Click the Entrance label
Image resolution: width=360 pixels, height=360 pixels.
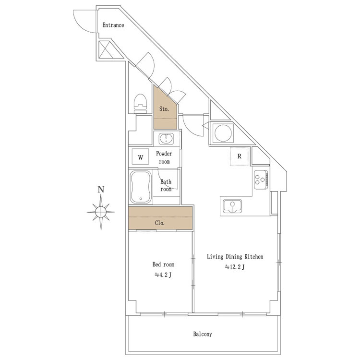click(x=113, y=25)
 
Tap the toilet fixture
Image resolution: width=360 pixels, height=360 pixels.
click(x=140, y=103)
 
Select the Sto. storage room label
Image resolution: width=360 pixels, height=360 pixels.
click(x=164, y=109)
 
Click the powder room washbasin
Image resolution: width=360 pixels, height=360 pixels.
click(x=167, y=139)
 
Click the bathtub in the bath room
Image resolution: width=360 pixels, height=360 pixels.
click(x=141, y=187)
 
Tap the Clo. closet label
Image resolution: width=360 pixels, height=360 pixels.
click(x=160, y=223)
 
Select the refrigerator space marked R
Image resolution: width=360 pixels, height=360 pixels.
click(x=239, y=156)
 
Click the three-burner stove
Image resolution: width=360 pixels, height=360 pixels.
click(x=261, y=180)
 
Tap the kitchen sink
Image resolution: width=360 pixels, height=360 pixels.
click(x=233, y=206)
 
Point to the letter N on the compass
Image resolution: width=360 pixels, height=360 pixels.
click(x=101, y=190)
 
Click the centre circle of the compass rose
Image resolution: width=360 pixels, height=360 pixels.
click(x=101, y=212)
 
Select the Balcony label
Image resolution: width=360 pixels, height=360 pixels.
click(x=203, y=334)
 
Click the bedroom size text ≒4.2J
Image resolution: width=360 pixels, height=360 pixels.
click(x=163, y=275)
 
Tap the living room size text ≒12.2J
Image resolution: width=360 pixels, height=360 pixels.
click(x=235, y=267)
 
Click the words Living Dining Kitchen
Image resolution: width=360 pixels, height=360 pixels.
click(x=235, y=256)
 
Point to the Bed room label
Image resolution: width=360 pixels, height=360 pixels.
click(x=163, y=264)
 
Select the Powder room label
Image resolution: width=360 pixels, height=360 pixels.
click(x=164, y=157)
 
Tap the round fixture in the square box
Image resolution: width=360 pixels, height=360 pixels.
click(x=223, y=133)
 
